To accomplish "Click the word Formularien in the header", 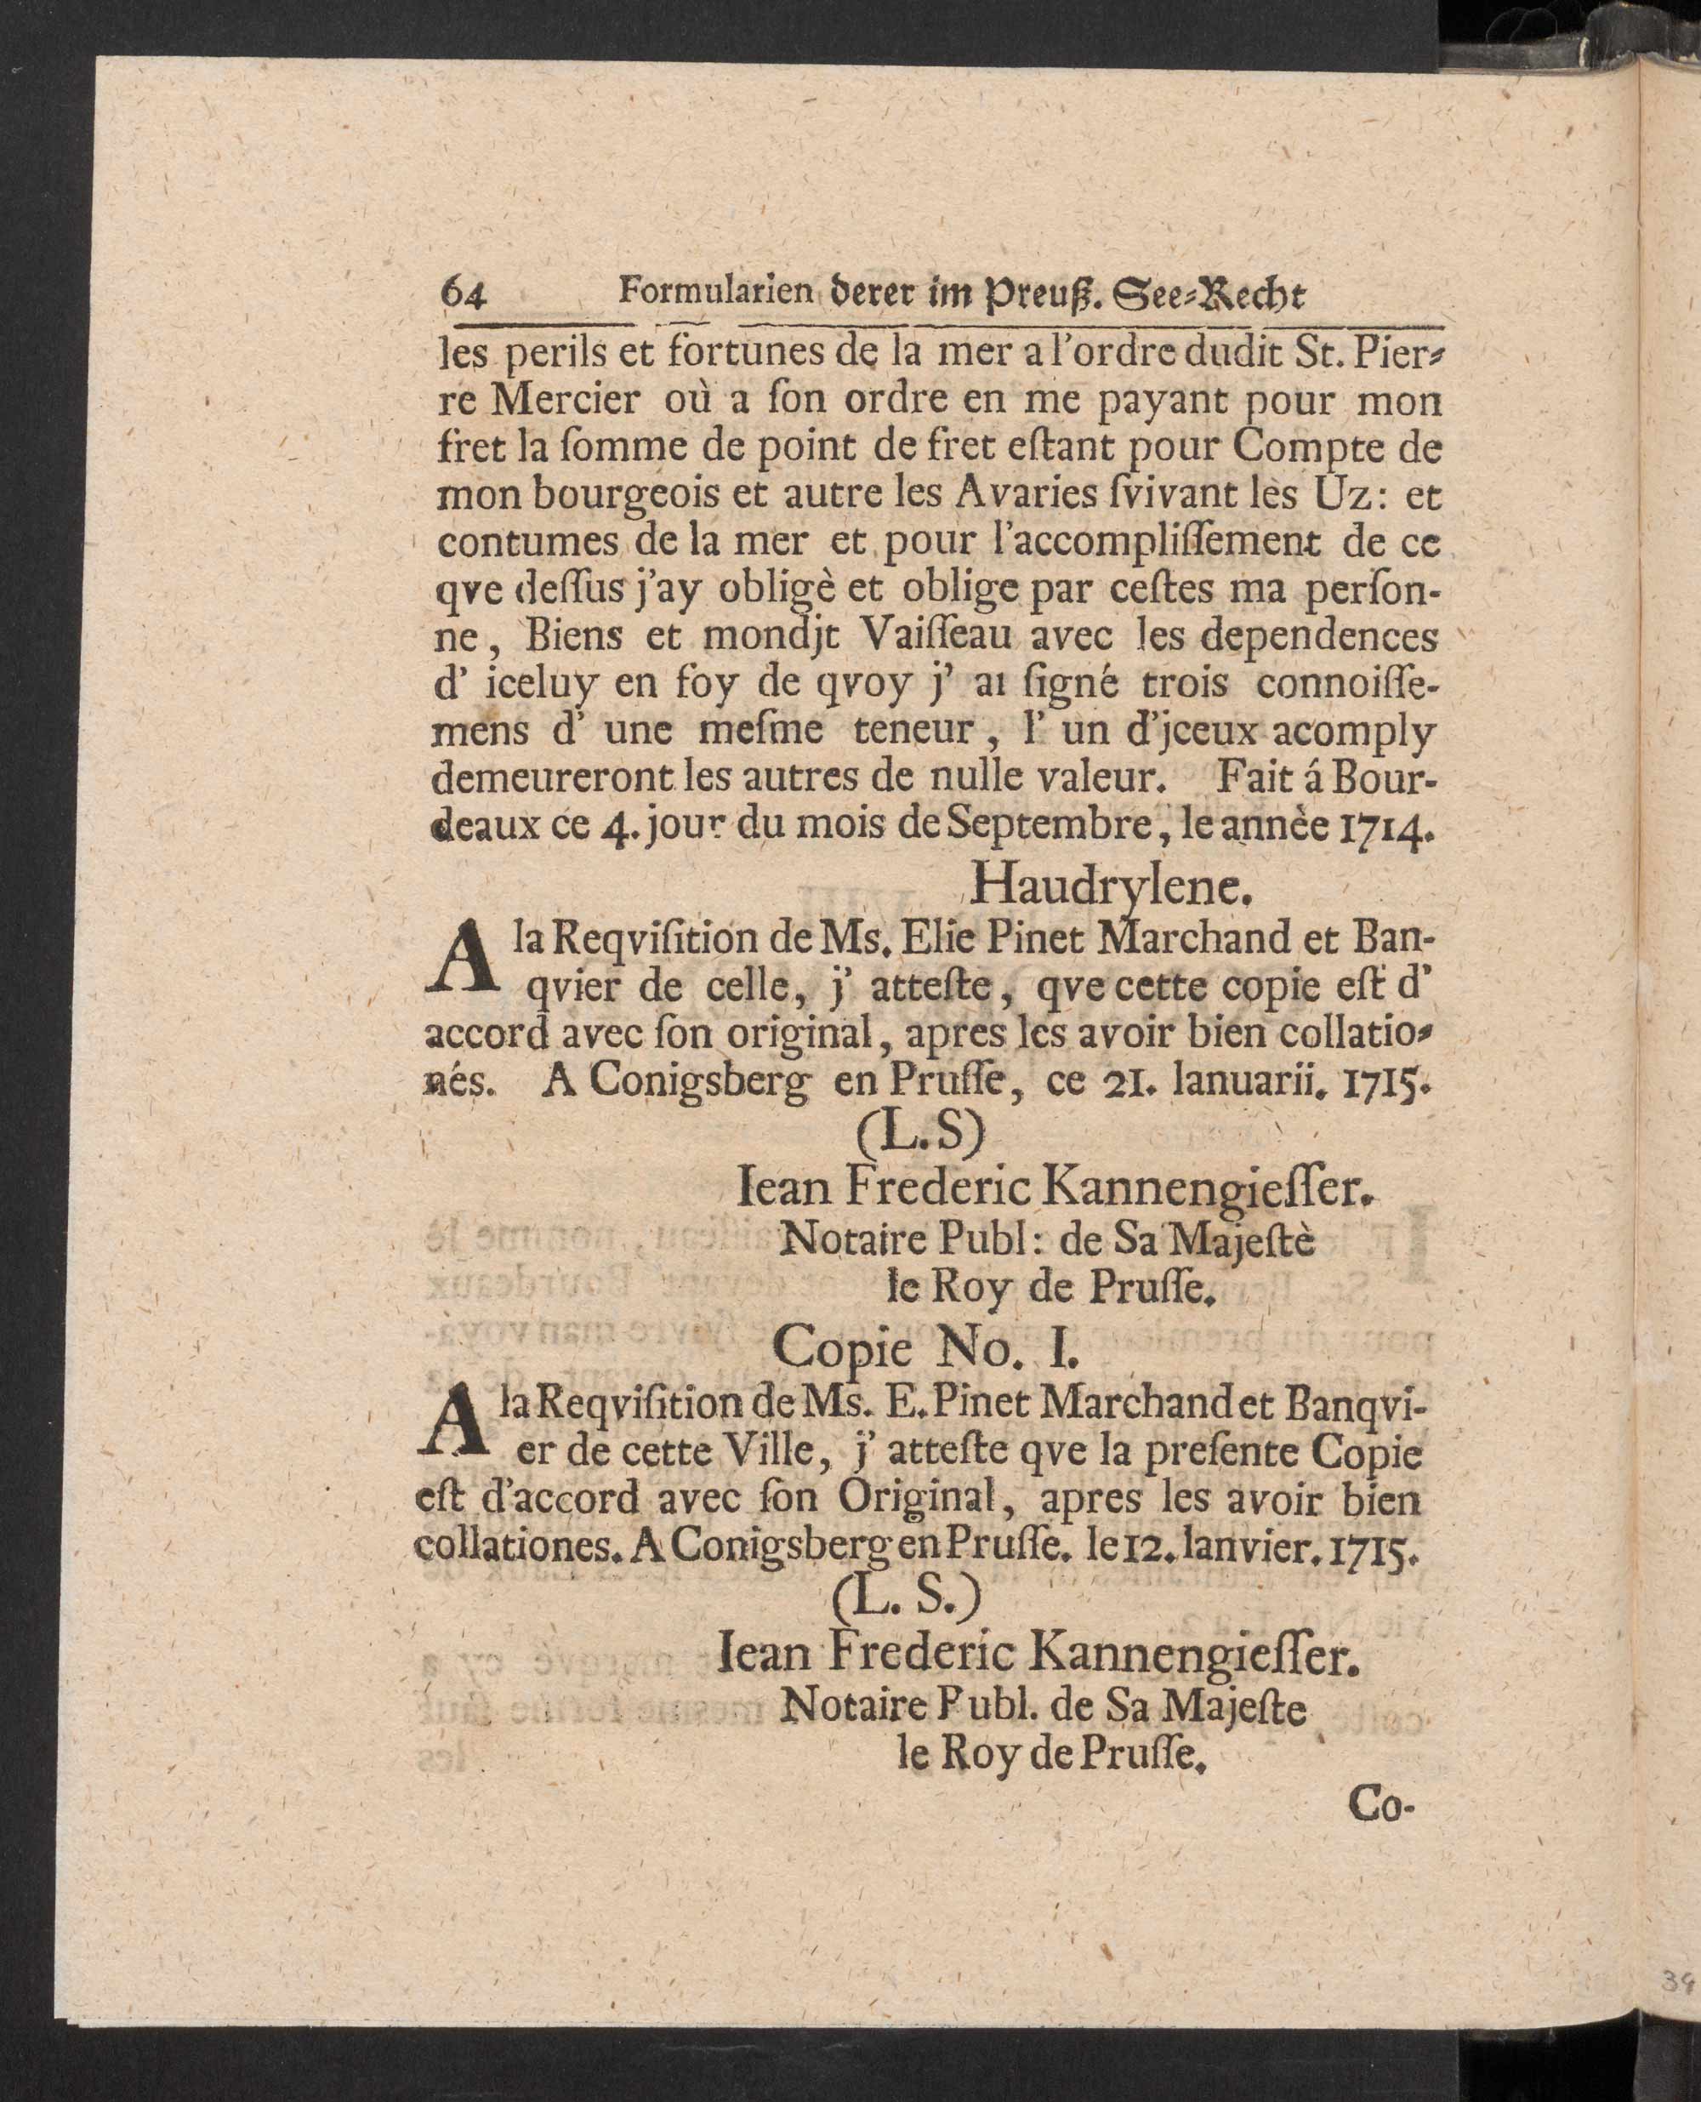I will (x=714, y=292).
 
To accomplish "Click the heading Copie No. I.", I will (x=924, y=1347).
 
